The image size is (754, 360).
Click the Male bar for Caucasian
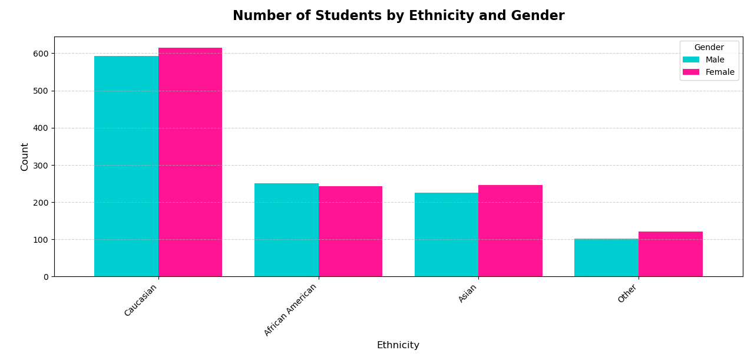(126, 166)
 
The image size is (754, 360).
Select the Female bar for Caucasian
(190, 162)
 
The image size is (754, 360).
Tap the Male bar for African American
(286, 230)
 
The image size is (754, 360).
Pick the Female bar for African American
(350, 232)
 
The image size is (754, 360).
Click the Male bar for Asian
(447, 235)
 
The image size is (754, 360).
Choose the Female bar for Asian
(511, 231)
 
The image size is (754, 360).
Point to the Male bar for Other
(606, 257)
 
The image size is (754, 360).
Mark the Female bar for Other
(670, 254)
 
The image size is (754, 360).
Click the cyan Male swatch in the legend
(691, 60)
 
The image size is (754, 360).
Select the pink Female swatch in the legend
(691, 72)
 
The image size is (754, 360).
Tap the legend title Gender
(709, 48)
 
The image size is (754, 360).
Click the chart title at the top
(398, 16)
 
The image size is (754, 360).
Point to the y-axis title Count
(25, 157)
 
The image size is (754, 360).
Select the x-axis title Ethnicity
(398, 345)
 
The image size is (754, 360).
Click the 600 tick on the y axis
(41, 54)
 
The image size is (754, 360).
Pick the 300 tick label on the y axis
(41, 166)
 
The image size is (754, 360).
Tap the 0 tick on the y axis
(46, 277)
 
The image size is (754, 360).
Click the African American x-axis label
(291, 309)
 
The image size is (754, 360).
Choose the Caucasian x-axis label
(141, 300)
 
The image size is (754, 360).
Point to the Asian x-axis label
(468, 293)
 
